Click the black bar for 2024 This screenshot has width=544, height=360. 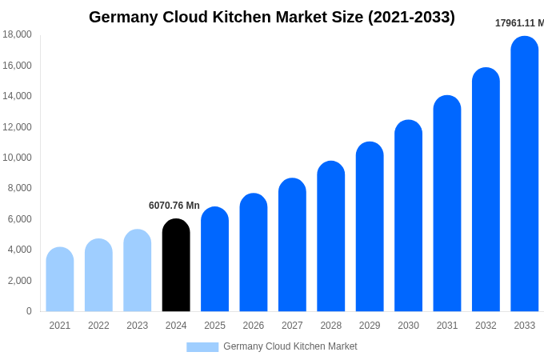click(176, 266)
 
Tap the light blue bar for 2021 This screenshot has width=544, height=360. click(60, 280)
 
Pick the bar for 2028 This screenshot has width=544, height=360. click(331, 237)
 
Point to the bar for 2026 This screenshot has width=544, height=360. click(254, 253)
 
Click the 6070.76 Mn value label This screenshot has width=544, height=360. click(174, 206)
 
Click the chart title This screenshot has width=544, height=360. click(272, 17)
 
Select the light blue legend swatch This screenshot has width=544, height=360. click(202, 347)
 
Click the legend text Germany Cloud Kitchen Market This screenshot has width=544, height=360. click(290, 346)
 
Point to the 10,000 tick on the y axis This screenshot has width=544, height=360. click(17, 158)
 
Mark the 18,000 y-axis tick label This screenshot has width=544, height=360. click(17, 34)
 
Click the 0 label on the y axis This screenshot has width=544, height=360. click(29, 311)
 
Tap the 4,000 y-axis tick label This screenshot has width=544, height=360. click(18, 250)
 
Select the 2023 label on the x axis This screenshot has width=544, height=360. click(138, 326)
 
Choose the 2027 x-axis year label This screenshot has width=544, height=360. click(292, 326)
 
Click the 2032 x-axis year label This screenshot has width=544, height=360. click(486, 326)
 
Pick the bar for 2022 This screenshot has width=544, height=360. click(98, 275)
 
